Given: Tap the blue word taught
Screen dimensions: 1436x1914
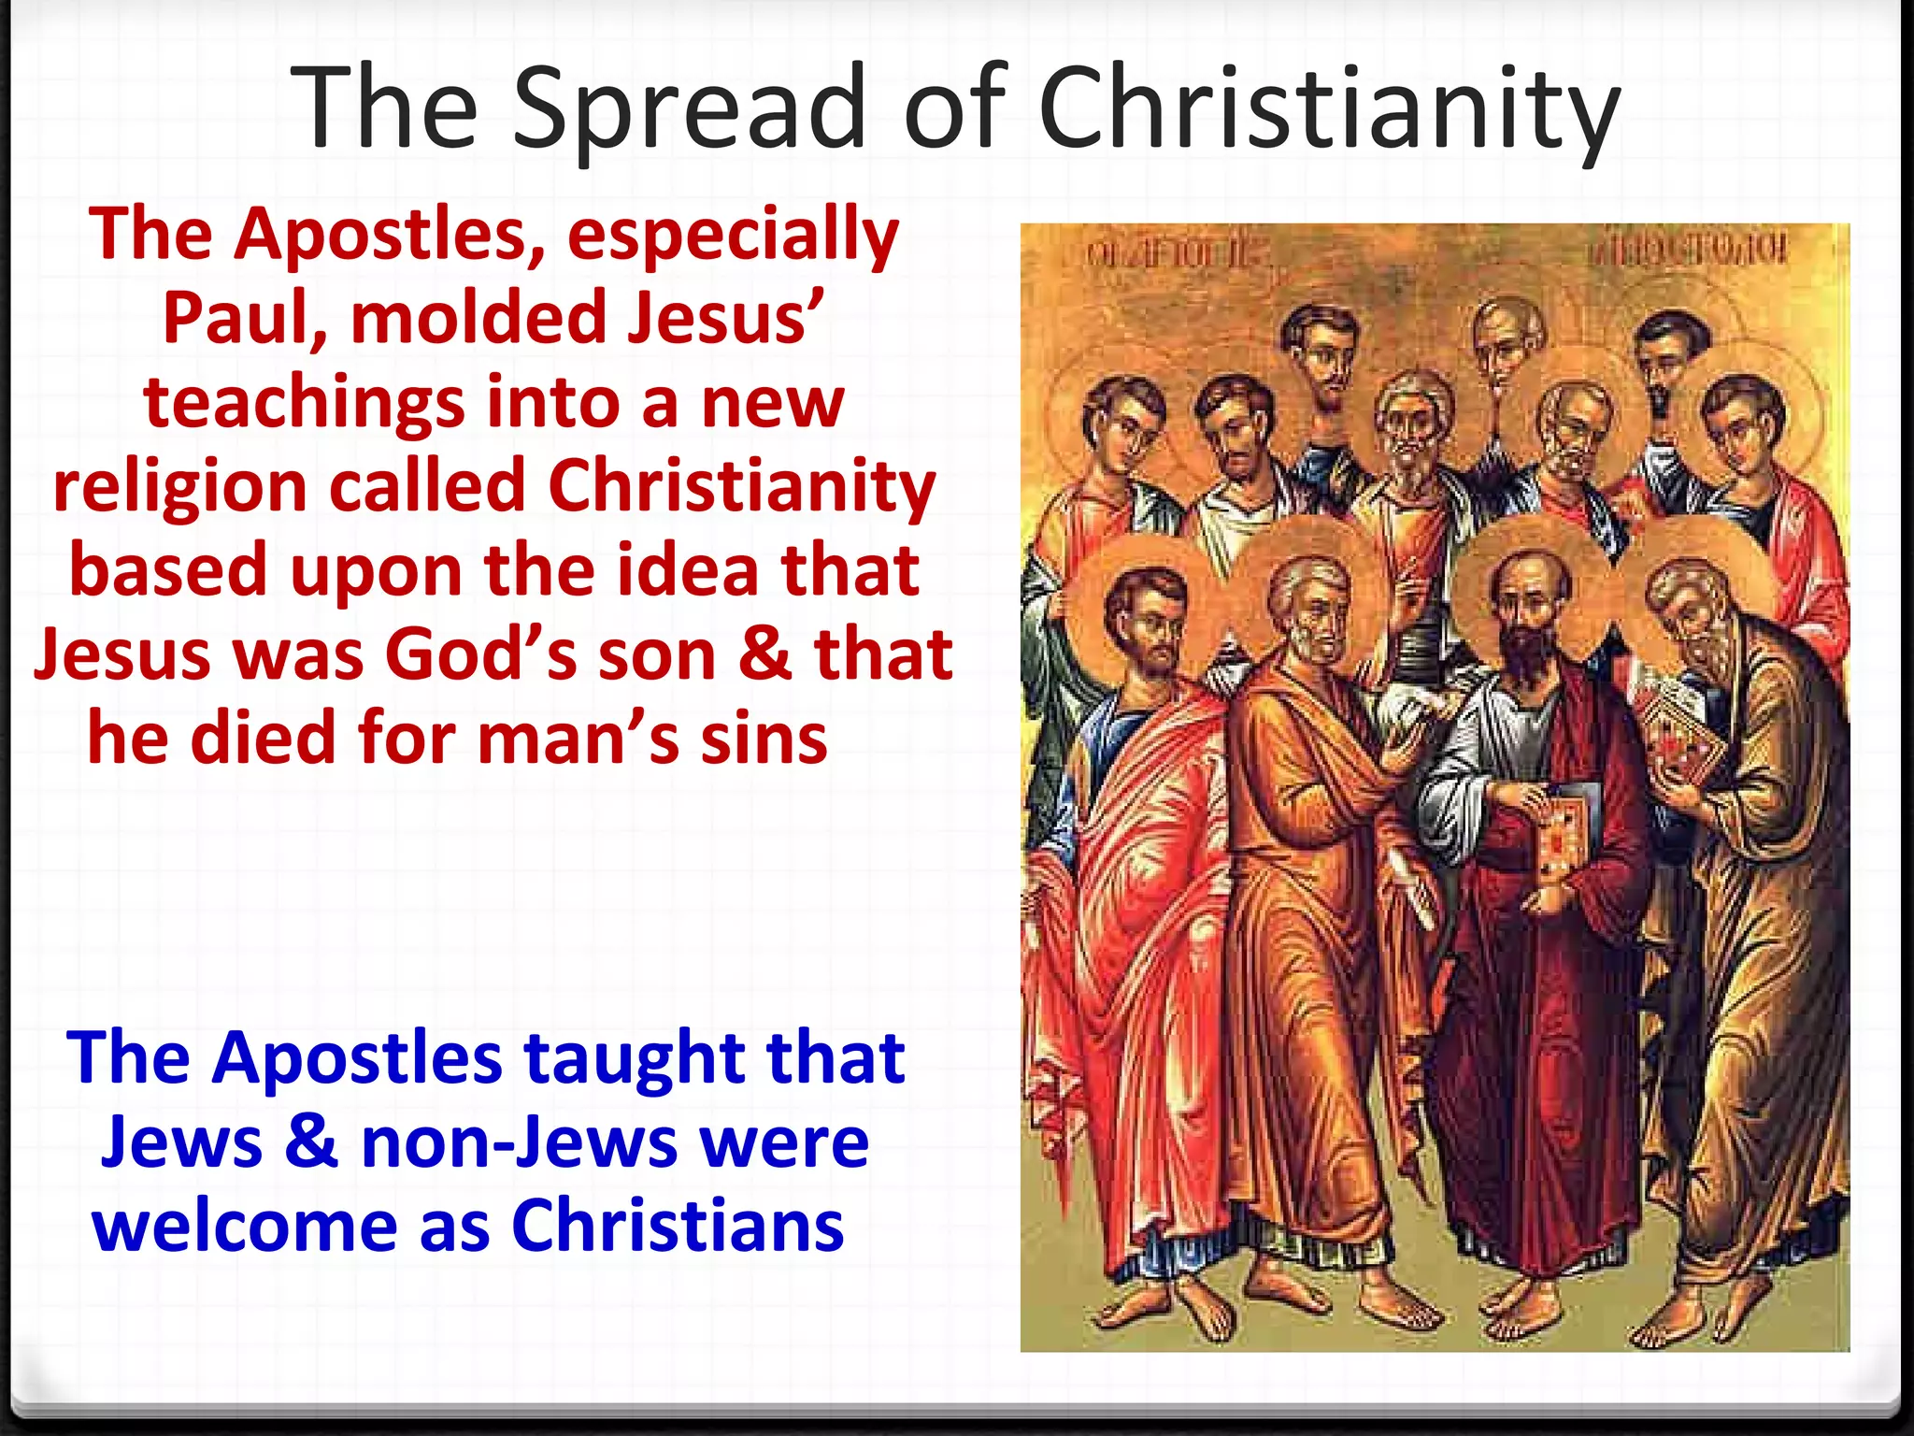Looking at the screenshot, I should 635,1058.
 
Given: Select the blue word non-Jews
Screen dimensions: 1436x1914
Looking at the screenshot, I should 519,1142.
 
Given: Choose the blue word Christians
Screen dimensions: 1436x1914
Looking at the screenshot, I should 678,1227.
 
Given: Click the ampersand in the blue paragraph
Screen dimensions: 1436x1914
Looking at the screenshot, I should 311,1142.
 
